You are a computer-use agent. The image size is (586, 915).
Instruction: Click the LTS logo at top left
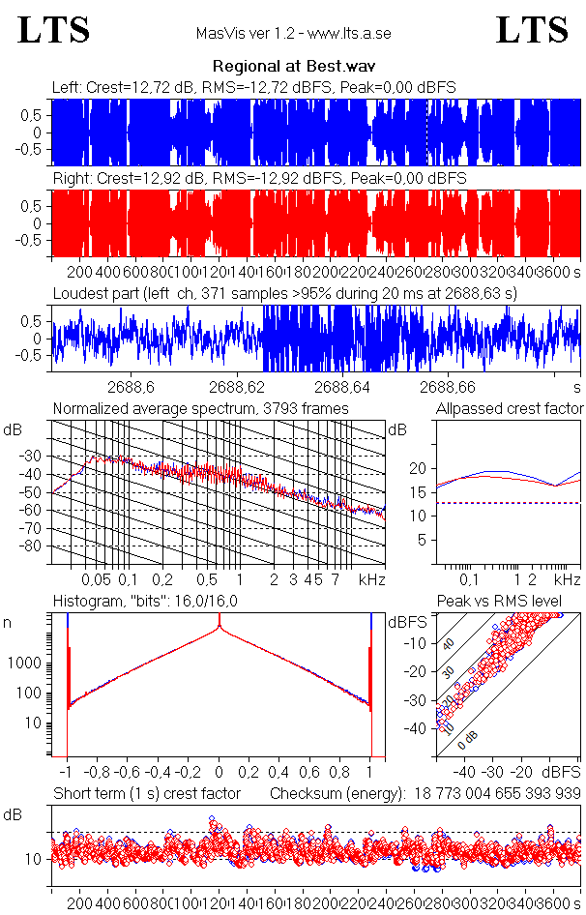coord(54,30)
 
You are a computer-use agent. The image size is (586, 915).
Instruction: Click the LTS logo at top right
coord(532,30)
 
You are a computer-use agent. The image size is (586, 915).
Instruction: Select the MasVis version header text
coord(293,34)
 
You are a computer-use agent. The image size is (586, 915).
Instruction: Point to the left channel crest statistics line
coord(253,88)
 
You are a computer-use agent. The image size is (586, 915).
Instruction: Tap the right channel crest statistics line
coord(258,179)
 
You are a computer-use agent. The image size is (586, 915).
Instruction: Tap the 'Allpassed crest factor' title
coord(510,408)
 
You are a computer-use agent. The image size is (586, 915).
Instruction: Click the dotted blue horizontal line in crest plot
coord(509,503)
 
